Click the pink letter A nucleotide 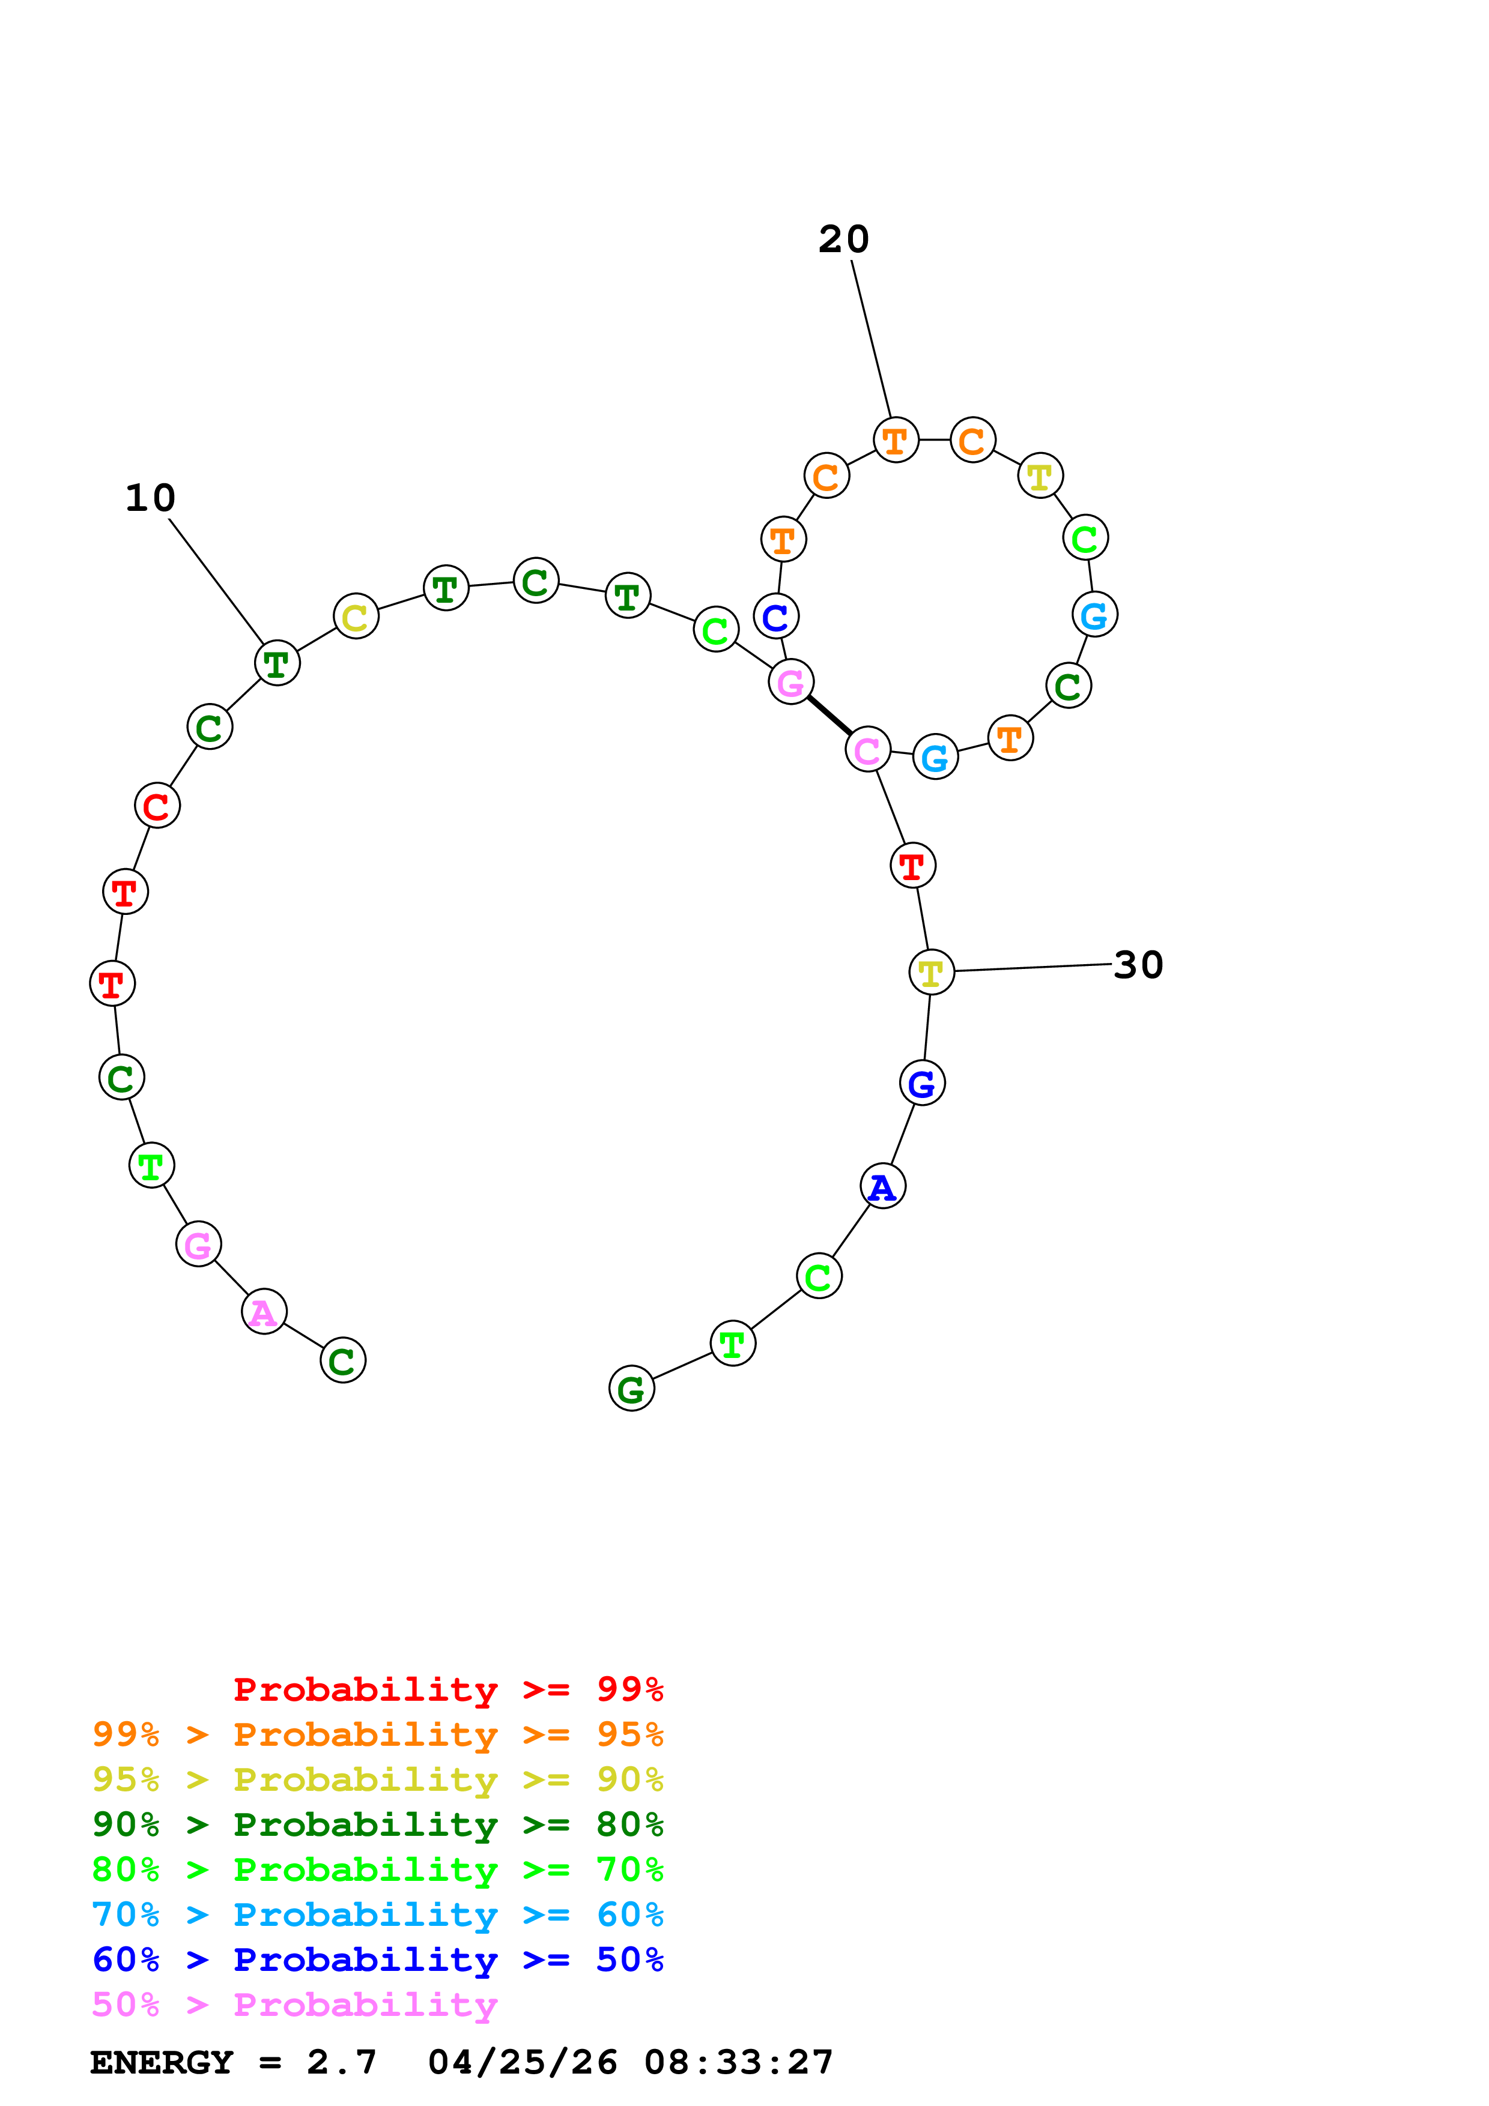264,1312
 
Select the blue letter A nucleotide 882,1186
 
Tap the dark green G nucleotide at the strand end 631,1388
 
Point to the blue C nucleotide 776,617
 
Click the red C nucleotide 157,805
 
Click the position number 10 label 150,498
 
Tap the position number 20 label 843,240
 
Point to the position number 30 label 1138,965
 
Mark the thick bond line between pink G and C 829,716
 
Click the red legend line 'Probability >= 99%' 447,1689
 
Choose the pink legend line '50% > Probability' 294,2005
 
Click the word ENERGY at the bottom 162,2063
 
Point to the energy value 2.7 341,2063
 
